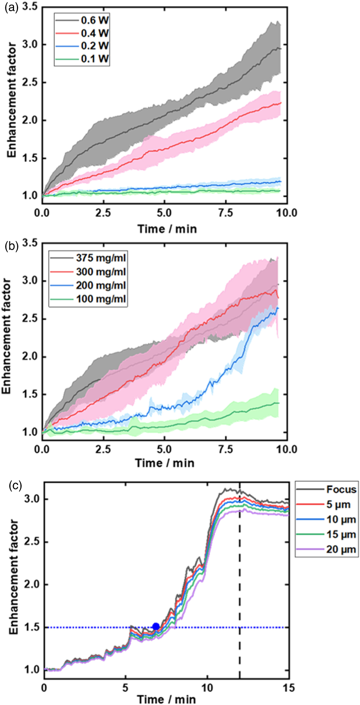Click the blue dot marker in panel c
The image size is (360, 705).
pyautogui.click(x=156, y=627)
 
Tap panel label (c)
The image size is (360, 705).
pyautogui.click(x=15, y=486)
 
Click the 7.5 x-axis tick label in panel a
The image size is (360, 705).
pyautogui.click(x=226, y=213)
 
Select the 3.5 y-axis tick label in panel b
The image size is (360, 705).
pyautogui.click(x=30, y=243)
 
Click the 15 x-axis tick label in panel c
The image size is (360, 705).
pyautogui.click(x=288, y=688)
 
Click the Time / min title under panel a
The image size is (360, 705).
pyautogui.click(x=167, y=228)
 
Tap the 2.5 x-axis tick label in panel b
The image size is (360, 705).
pyautogui.click(x=103, y=450)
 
